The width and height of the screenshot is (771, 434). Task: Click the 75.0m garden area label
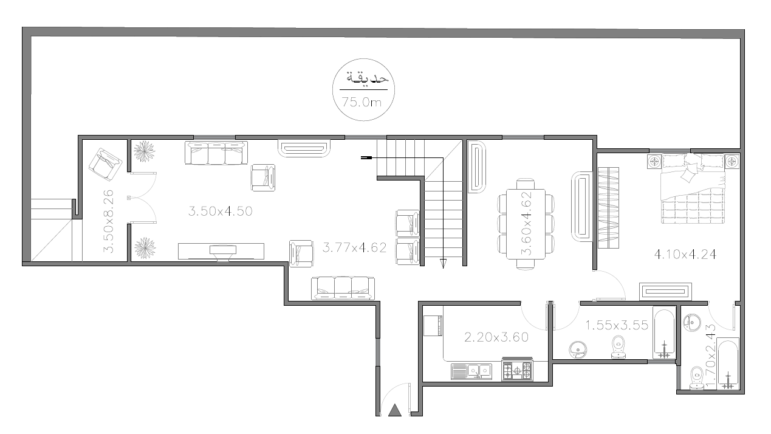click(x=362, y=102)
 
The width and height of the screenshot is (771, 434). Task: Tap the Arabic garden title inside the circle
click(x=367, y=78)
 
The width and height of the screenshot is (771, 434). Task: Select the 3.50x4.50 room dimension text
click(x=221, y=211)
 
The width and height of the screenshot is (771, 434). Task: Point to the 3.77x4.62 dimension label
click(x=355, y=247)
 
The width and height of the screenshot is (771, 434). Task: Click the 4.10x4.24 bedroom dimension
click(x=685, y=255)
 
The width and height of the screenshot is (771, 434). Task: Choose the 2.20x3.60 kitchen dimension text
click(x=496, y=337)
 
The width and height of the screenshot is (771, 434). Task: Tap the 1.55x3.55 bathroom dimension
click(x=617, y=325)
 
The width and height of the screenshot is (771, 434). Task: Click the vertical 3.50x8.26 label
click(x=108, y=221)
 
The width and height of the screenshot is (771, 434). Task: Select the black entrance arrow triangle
click(x=395, y=410)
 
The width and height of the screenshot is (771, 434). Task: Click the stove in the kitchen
click(x=517, y=369)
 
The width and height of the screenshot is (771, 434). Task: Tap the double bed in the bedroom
click(x=693, y=189)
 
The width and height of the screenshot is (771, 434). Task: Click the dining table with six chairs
click(x=526, y=224)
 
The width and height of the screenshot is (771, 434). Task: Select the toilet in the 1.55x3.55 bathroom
click(x=619, y=347)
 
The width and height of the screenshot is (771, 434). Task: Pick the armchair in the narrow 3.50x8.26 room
click(x=105, y=165)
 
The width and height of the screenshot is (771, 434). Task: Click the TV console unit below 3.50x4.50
click(x=221, y=252)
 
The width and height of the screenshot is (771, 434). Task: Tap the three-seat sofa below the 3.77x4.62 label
click(x=343, y=288)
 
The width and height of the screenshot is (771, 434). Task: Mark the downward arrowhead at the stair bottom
click(x=443, y=264)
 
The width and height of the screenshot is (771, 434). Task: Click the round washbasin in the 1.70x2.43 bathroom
click(x=692, y=322)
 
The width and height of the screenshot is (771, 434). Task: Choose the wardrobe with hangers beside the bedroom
click(x=608, y=208)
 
